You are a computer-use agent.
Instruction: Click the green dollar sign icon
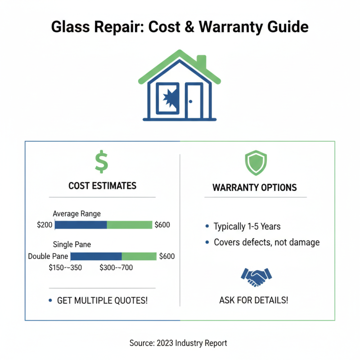pyautogui.click(x=102, y=162)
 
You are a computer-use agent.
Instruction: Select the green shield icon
pyautogui.click(x=255, y=162)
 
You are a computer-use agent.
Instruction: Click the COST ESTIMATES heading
pyautogui.click(x=102, y=185)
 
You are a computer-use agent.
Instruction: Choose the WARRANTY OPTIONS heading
pyautogui.click(x=255, y=187)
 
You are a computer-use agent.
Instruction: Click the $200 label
pyautogui.click(x=45, y=225)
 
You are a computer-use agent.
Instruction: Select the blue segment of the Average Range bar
pyautogui.click(x=81, y=225)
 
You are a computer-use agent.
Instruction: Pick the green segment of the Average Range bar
pyautogui.click(x=130, y=225)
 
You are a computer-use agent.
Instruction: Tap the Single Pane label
pyautogui.click(x=72, y=245)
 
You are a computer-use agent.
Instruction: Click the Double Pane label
pyautogui.click(x=48, y=256)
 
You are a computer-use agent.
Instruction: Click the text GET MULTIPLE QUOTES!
pyautogui.click(x=102, y=300)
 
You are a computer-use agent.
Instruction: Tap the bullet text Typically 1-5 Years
pyautogui.click(x=247, y=226)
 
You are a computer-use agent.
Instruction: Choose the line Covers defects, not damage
pyautogui.click(x=266, y=242)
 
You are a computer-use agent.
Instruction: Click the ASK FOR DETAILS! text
pyautogui.click(x=254, y=300)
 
